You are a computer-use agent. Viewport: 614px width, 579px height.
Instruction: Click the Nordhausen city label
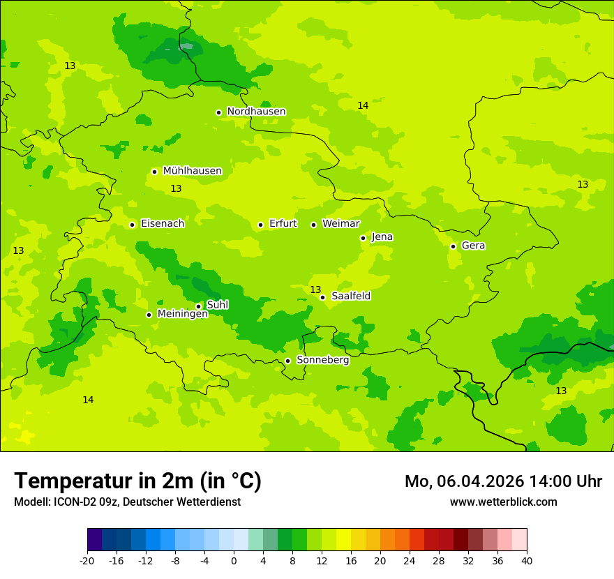[x=256, y=112]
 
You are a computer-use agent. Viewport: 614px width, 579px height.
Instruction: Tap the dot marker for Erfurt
[x=260, y=225]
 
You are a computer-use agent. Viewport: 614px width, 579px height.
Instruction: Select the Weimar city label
[x=340, y=224]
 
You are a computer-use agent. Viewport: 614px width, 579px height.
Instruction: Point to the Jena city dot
[x=363, y=238]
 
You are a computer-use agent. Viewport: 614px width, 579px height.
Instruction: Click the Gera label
[x=473, y=246]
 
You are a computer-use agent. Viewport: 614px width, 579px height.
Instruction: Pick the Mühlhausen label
[x=192, y=171]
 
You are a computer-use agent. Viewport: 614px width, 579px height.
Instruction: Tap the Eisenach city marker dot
[x=132, y=225]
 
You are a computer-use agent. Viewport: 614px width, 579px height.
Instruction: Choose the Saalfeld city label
[x=351, y=296]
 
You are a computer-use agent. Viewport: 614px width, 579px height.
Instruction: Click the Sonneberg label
[x=322, y=360]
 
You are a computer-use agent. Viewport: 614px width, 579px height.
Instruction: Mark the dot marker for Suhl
[x=198, y=306]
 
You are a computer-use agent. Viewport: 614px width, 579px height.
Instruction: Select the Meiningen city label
[x=183, y=314]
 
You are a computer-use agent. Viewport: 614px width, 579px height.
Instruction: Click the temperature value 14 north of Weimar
[x=363, y=106]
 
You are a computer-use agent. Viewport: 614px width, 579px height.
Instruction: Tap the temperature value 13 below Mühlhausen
[x=176, y=189]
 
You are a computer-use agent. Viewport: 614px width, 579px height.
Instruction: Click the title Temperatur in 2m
[x=137, y=481]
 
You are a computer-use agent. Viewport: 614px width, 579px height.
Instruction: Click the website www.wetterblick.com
[x=503, y=502]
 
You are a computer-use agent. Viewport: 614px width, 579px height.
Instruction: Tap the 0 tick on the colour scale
[x=234, y=560]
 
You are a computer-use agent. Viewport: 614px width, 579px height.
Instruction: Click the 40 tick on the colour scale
[x=526, y=560]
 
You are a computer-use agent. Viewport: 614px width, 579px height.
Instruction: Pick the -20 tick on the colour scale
[x=87, y=560]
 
